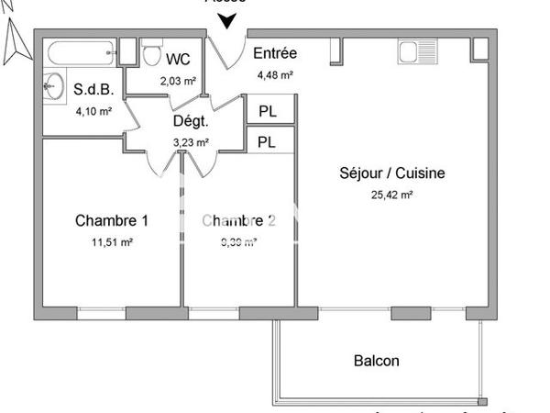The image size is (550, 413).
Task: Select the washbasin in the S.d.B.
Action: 51,86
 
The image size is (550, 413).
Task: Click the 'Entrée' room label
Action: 274,53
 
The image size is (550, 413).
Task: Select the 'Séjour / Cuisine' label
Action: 391,173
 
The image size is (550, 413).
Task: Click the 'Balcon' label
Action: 376,361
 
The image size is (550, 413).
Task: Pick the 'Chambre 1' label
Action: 111,220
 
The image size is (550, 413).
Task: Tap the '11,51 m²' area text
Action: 111,242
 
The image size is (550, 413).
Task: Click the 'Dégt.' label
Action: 191,121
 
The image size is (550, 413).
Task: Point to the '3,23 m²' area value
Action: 191,142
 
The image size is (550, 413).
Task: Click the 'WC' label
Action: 178,59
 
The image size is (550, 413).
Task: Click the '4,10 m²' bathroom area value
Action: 93,111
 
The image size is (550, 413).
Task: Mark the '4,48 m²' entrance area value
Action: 274,75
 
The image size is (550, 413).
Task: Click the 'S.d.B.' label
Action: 93,90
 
